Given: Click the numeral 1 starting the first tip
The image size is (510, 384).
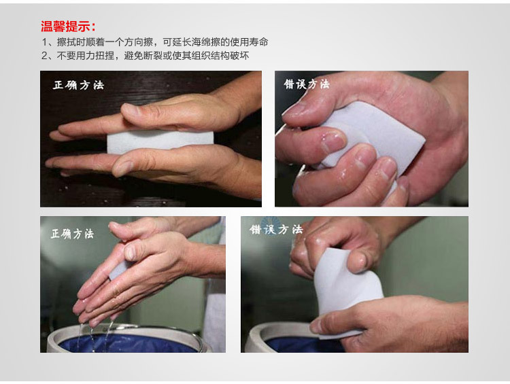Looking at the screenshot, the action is pos(45,42).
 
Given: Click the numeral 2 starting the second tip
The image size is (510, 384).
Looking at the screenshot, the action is pos(45,56).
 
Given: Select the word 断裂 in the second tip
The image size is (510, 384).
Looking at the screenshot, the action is pos(153,56).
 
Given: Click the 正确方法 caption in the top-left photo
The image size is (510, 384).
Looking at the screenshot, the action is pos(78,85).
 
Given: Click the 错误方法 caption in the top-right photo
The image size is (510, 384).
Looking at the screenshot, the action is pos(307,84).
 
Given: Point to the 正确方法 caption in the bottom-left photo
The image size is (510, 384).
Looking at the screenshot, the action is pos(72,233).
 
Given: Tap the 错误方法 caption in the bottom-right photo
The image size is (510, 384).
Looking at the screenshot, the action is pos(276,229).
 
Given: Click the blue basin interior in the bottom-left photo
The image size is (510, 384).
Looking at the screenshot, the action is pos(130,344).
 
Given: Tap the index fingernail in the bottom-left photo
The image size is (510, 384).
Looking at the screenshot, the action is pos(130,252).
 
